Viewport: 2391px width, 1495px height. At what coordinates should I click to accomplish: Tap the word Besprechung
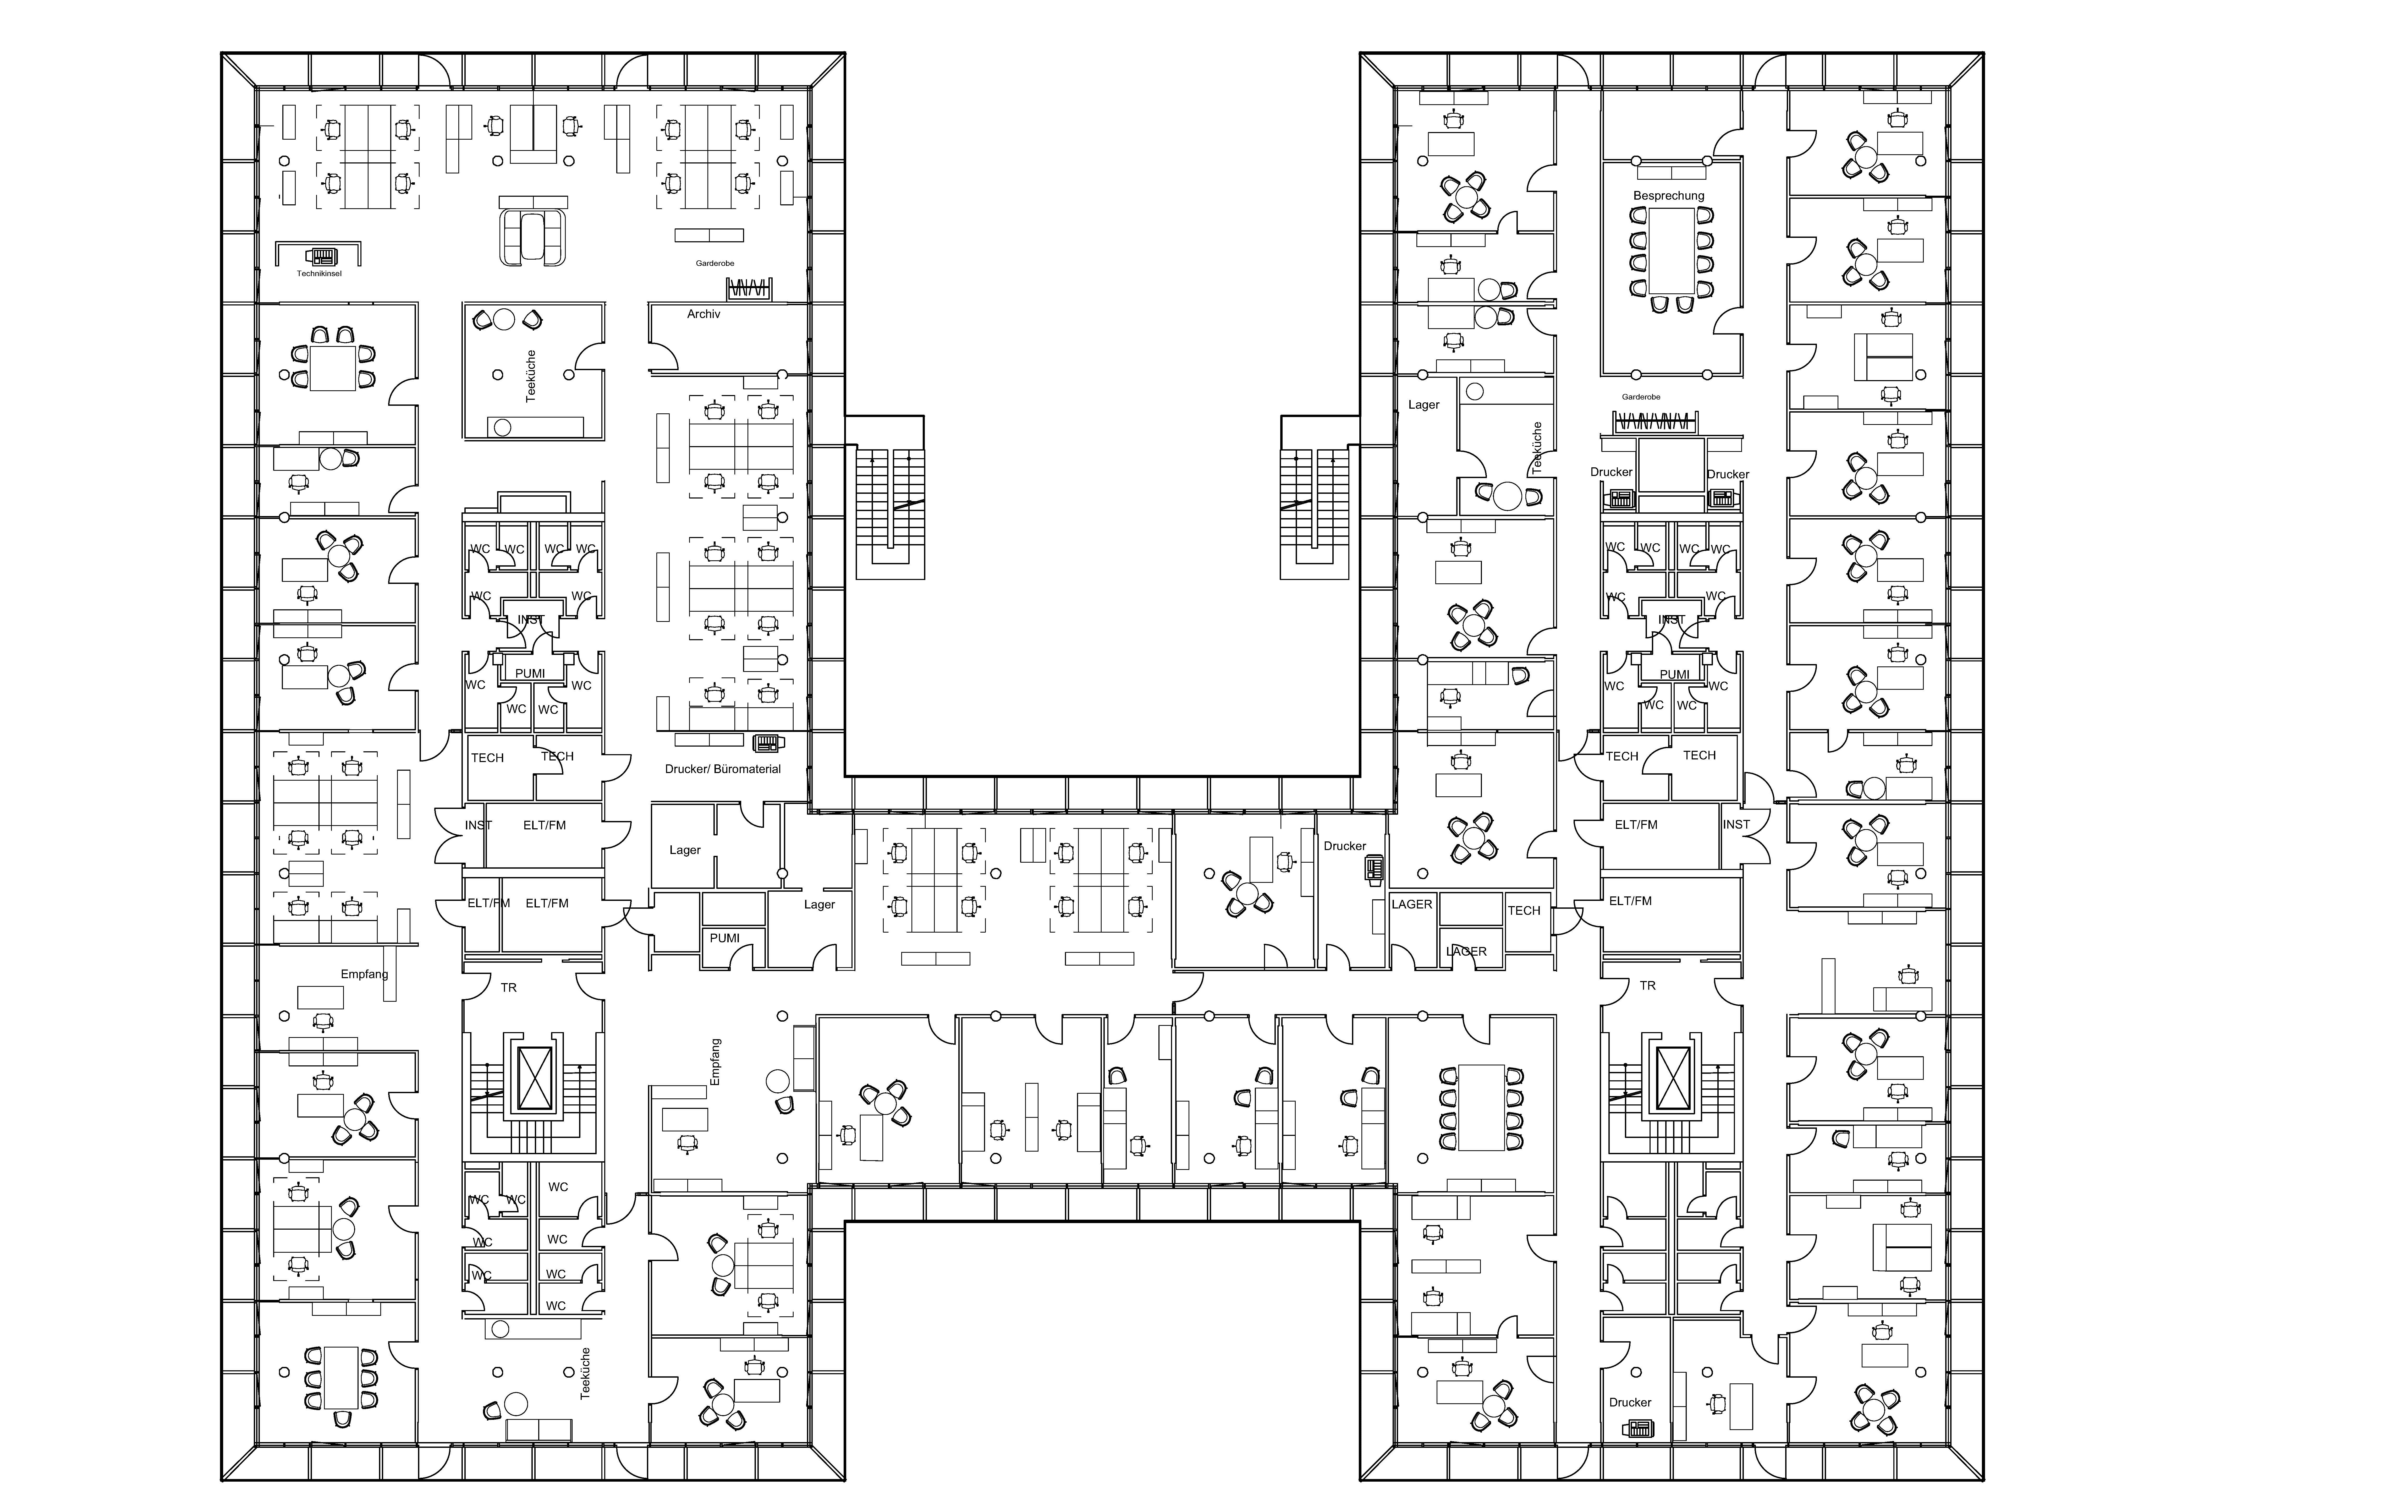coord(1668,196)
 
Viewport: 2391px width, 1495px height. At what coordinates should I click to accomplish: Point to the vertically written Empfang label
coord(716,1062)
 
